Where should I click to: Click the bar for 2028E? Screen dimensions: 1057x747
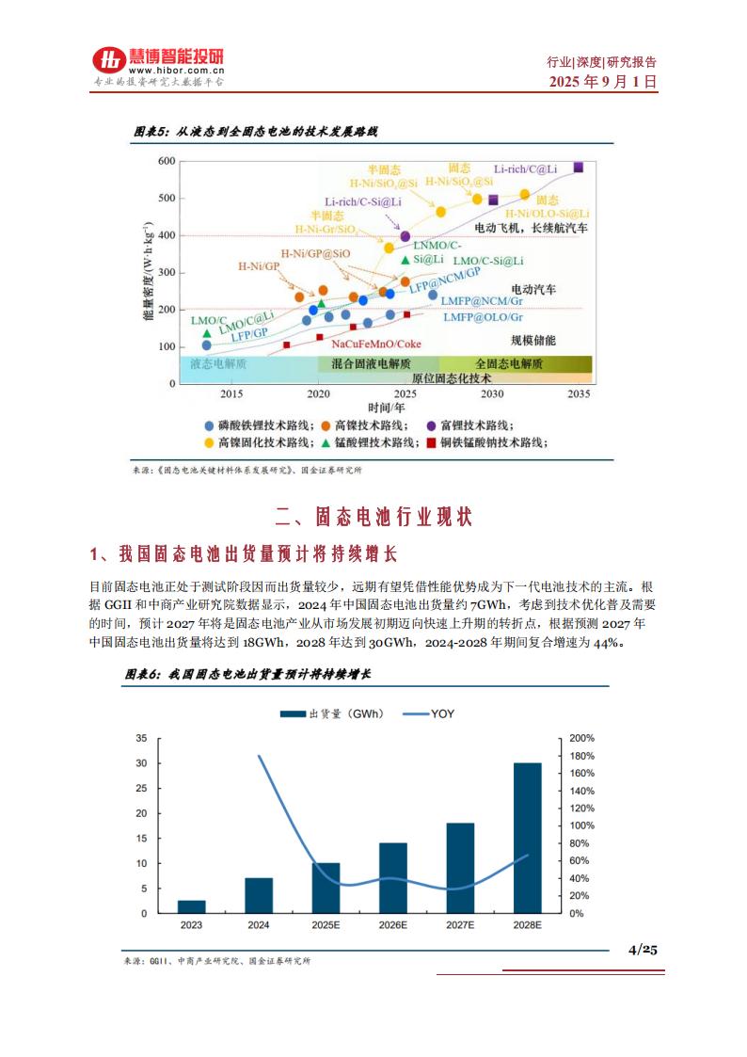pos(527,838)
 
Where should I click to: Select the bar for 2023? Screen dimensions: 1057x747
pos(191,906)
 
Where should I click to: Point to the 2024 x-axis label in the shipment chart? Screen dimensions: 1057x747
pos(259,926)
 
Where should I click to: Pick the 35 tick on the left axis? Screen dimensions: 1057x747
pos(141,738)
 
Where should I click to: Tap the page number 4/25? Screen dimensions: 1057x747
pos(643,949)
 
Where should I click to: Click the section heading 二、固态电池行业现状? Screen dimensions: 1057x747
pos(373,517)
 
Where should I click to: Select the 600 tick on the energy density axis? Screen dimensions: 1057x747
pos(166,161)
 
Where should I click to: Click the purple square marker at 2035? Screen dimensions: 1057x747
pos(579,168)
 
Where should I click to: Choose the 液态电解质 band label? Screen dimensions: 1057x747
pos(218,363)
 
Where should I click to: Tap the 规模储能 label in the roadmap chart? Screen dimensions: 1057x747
pos(533,339)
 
